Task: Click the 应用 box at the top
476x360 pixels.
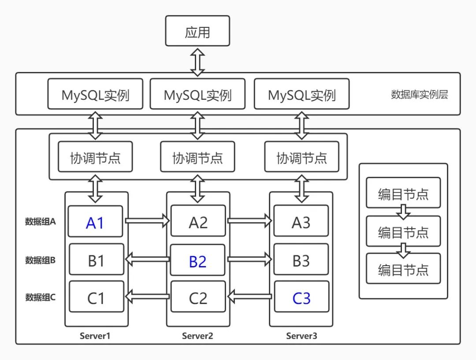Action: (x=197, y=31)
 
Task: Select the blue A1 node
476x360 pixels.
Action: (x=95, y=222)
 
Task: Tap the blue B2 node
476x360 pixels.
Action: (x=197, y=260)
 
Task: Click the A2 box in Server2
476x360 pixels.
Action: (x=198, y=222)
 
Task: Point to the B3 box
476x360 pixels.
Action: (x=301, y=260)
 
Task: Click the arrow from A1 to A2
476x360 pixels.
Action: (x=147, y=220)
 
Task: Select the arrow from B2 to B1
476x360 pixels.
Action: (x=147, y=259)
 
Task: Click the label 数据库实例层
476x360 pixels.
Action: (x=419, y=94)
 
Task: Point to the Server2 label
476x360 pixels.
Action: (x=197, y=336)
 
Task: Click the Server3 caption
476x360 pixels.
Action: (x=301, y=336)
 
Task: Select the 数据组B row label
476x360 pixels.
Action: (x=40, y=260)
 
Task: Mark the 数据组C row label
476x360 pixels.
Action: (x=40, y=297)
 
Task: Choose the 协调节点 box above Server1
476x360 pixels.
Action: (x=95, y=157)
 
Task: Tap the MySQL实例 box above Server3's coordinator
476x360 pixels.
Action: (x=301, y=94)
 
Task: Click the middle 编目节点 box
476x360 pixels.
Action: (x=403, y=231)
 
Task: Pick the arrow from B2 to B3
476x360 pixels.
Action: (x=249, y=259)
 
